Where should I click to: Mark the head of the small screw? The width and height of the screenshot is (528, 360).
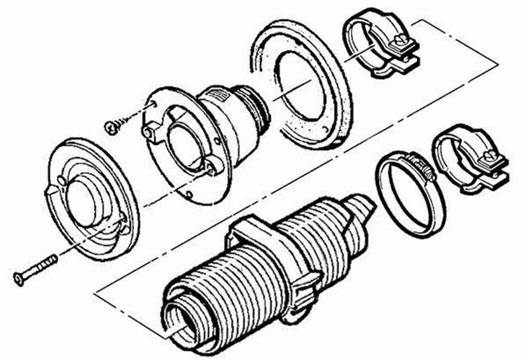point(110,127)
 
